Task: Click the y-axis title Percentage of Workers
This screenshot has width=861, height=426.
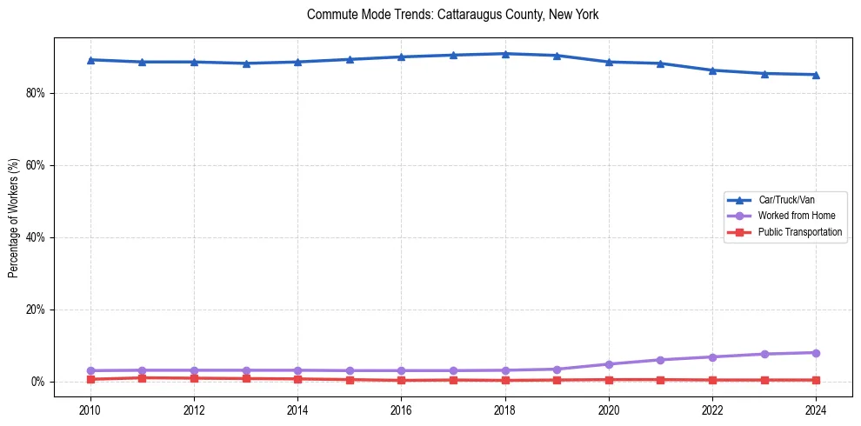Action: click(x=14, y=218)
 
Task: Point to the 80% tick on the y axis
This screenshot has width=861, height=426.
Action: click(x=36, y=93)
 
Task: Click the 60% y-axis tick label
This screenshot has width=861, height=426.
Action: click(x=36, y=165)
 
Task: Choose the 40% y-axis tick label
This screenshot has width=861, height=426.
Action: click(x=36, y=237)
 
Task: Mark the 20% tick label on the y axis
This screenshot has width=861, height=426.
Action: click(x=36, y=310)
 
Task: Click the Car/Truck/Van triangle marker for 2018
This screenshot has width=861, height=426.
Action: click(x=505, y=54)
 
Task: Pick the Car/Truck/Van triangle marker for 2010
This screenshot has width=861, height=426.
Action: click(x=90, y=60)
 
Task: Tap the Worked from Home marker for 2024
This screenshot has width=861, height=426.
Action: click(x=816, y=353)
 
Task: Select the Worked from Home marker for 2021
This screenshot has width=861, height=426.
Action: click(x=660, y=360)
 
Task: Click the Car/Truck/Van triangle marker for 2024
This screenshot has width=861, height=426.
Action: click(x=816, y=75)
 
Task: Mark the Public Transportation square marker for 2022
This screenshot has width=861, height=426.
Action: click(x=712, y=380)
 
